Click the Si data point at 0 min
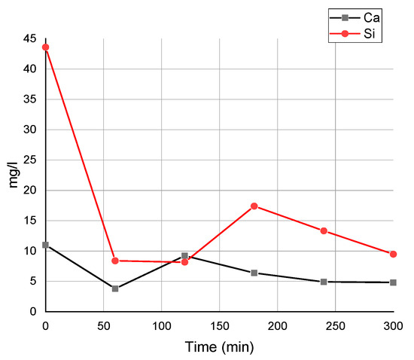point(45,47)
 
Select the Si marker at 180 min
point(254,206)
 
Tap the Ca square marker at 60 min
point(115,288)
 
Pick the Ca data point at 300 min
point(393,282)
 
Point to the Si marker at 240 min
point(324,230)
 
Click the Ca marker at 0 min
point(45,245)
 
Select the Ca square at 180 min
point(254,273)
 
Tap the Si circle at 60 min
point(115,261)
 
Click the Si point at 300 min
point(393,254)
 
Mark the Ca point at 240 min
point(324,282)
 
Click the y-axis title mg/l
point(14,175)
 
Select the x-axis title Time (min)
point(219,347)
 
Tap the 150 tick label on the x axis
point(219,325)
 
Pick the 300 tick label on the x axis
point(393,325)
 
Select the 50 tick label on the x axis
point(103,325)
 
